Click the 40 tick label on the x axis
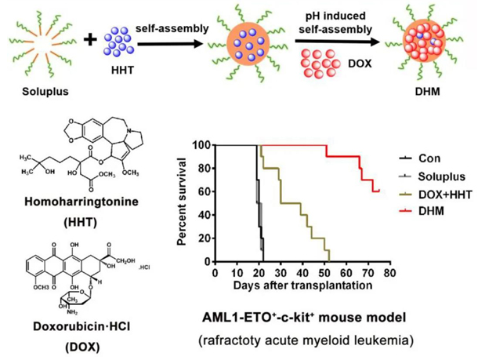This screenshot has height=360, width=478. pos(304,274)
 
